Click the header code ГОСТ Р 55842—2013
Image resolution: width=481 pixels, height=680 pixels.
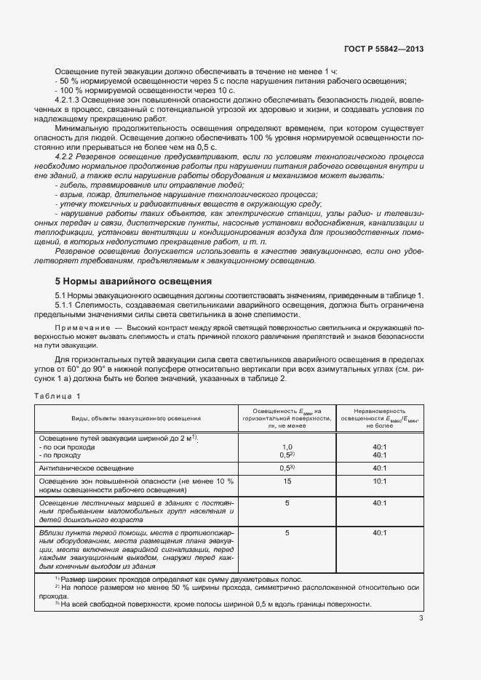[383, 49]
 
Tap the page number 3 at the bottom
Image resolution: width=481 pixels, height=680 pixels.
[421, 618]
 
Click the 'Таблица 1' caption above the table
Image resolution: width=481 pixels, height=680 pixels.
[58, 396]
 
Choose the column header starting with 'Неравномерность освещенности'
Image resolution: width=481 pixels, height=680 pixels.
[378, 419]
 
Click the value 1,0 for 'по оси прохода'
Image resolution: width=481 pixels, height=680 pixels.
[287, 447]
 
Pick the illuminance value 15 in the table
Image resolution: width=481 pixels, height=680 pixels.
[287, 481]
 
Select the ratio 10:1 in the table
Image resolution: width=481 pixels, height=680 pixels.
[378, 481]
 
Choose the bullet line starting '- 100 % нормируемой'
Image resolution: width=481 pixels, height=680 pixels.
[113, 89]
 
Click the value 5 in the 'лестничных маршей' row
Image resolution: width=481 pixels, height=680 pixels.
[287, 503]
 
